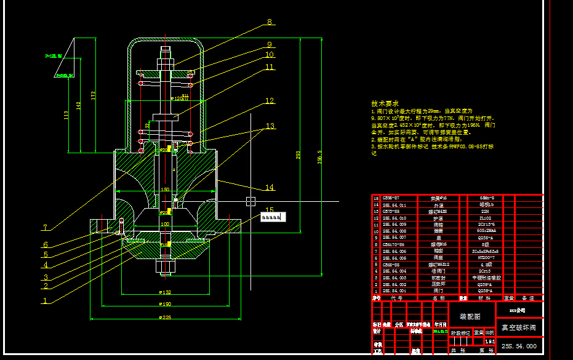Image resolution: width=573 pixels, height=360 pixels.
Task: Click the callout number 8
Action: pos(269,22)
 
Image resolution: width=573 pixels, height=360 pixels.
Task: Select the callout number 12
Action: pos(270,101)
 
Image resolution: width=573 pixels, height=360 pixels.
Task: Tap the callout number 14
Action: pos(270,188)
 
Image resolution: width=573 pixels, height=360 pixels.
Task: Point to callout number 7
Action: pos(45,228)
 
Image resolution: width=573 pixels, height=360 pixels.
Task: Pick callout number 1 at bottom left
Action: pos(45,302)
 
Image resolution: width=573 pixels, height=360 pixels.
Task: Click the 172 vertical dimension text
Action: pos(93,95)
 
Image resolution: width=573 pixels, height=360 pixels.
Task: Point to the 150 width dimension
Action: pos(164,189)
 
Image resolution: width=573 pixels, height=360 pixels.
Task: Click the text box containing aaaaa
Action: pos(271,217)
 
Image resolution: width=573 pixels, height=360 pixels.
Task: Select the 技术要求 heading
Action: pos(385,103)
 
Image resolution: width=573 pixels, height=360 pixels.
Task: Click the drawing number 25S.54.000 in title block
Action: pos(519,346)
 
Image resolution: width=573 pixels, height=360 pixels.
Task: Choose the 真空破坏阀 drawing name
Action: pos(519,328)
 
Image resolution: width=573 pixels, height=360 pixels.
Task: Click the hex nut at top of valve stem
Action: pos(167,63)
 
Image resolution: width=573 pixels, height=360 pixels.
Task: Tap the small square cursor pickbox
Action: pos(249,200)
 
